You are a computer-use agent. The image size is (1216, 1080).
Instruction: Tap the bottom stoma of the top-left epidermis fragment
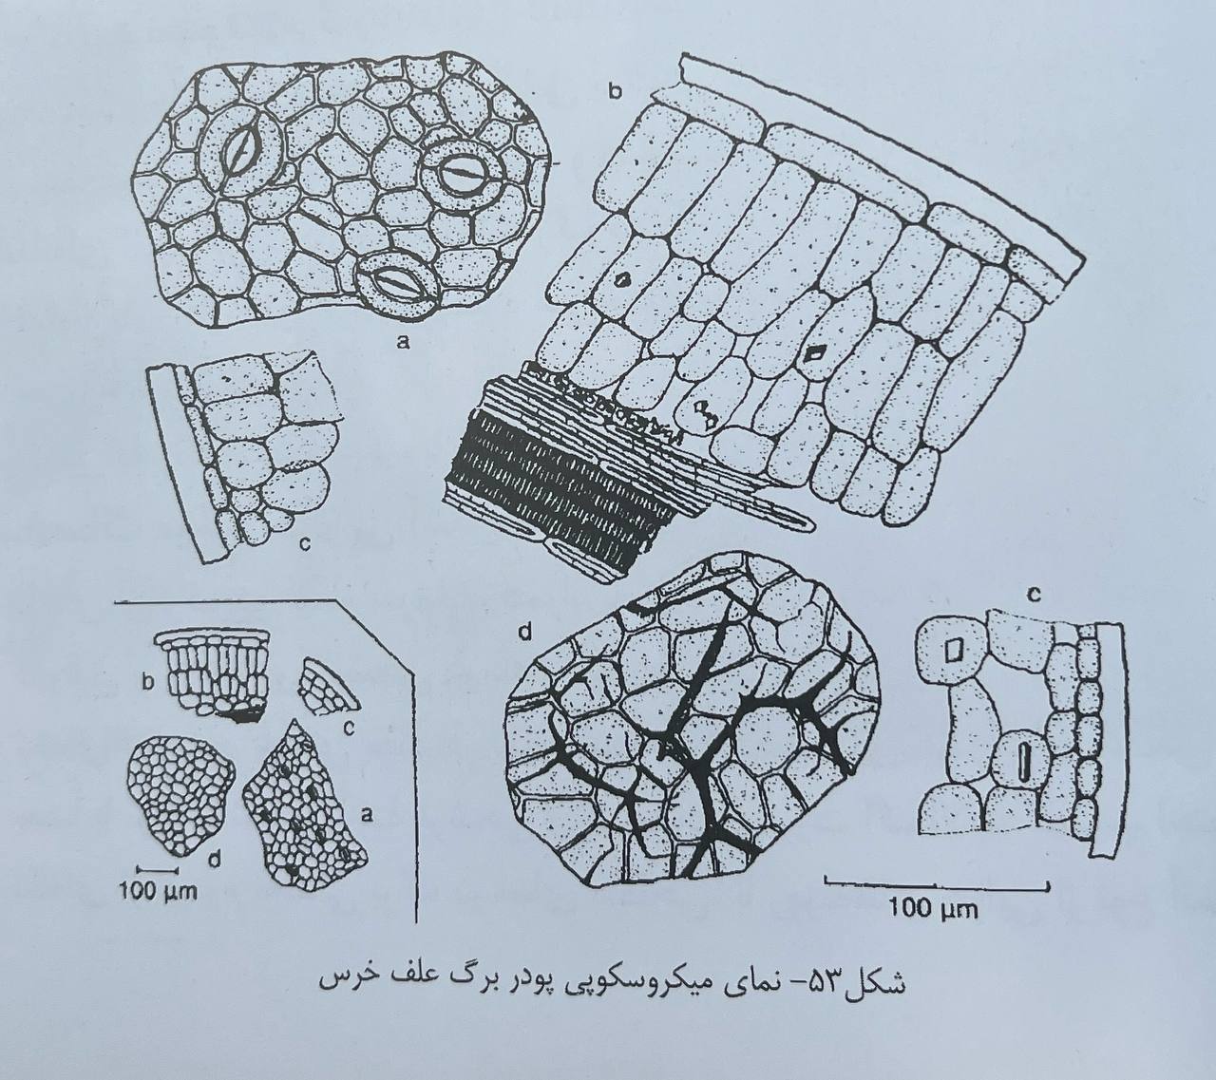(395, 285)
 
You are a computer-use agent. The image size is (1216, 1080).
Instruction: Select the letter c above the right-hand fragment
(1035, 596)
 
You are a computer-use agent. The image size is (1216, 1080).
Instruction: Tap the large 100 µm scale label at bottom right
(935, 925)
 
